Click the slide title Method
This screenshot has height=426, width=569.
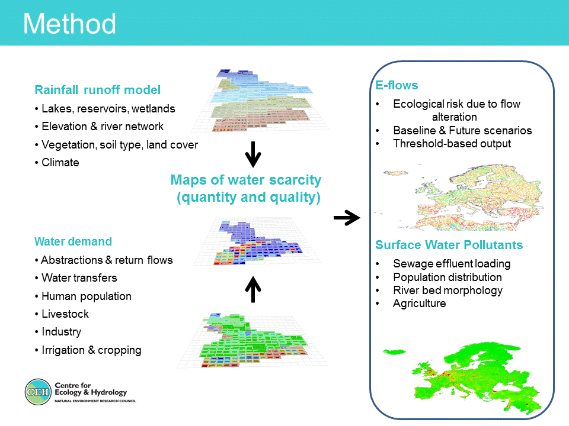69,24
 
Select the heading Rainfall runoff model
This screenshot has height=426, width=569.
98,90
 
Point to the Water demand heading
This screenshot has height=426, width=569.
73,241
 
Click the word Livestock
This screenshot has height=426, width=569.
65,314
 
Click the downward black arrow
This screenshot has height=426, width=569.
253,154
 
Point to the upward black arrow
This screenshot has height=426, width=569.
253,289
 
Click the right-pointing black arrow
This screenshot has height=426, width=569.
347,218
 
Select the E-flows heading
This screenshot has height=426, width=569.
397,85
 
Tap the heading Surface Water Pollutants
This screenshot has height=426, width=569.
449,245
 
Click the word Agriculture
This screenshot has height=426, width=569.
420,303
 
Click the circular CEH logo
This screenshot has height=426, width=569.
38,392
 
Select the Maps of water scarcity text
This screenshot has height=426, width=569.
246,180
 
